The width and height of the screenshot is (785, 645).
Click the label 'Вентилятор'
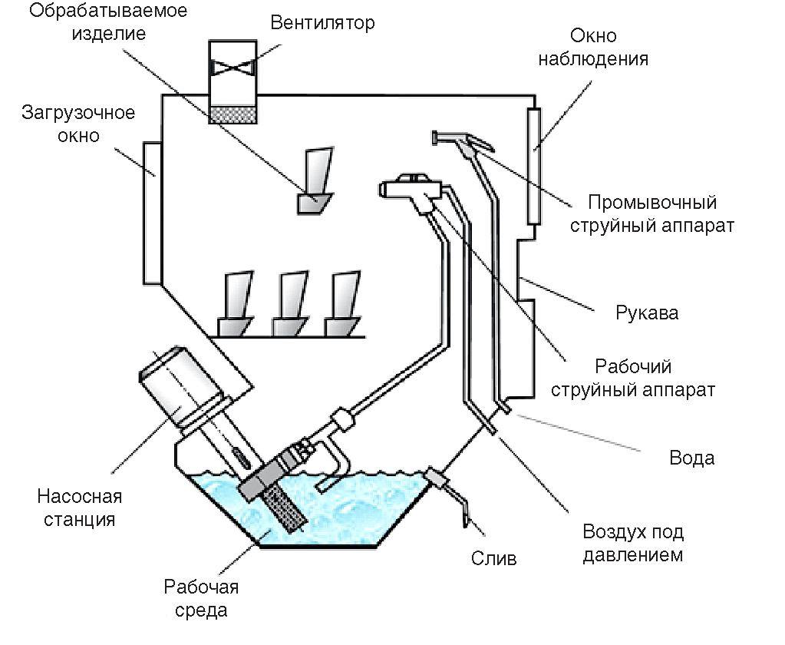pyautogui.click(x=322, y=22)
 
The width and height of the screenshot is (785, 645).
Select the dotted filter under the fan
pyautogui.click(x=234, y=114)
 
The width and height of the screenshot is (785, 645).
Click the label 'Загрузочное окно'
pyautogui.click(x=78, y=124)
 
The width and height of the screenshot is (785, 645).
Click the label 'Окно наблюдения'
pyautogui.click(x=604, y=48)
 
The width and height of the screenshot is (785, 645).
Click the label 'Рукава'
pyautogui.click(x=647, y=313)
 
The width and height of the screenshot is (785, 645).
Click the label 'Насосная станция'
pyautogui.click(x=78, y=508)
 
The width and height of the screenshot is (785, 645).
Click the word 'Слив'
pyautogui.click(x=493, y=557)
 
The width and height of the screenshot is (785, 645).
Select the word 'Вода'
pyautogui.click(x=691, y=458)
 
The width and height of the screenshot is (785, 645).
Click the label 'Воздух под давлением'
pyautogui.click(x=632, y=543)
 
